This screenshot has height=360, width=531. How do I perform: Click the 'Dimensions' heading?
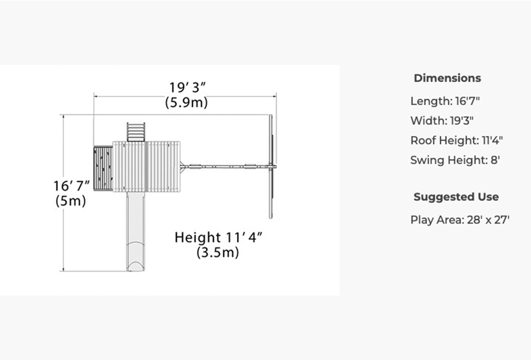447,78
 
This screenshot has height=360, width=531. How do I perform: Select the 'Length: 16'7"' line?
445,101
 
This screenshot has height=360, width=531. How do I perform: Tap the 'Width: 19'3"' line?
442,121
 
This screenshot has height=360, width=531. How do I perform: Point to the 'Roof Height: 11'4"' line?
457,140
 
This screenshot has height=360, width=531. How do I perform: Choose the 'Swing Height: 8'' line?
455,160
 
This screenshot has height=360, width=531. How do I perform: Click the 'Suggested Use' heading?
456,197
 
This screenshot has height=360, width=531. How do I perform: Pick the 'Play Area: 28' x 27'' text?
460,220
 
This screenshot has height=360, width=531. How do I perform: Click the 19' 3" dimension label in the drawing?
187,88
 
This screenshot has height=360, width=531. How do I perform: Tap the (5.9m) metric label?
186,102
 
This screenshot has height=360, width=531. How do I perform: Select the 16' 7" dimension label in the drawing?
72,186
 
